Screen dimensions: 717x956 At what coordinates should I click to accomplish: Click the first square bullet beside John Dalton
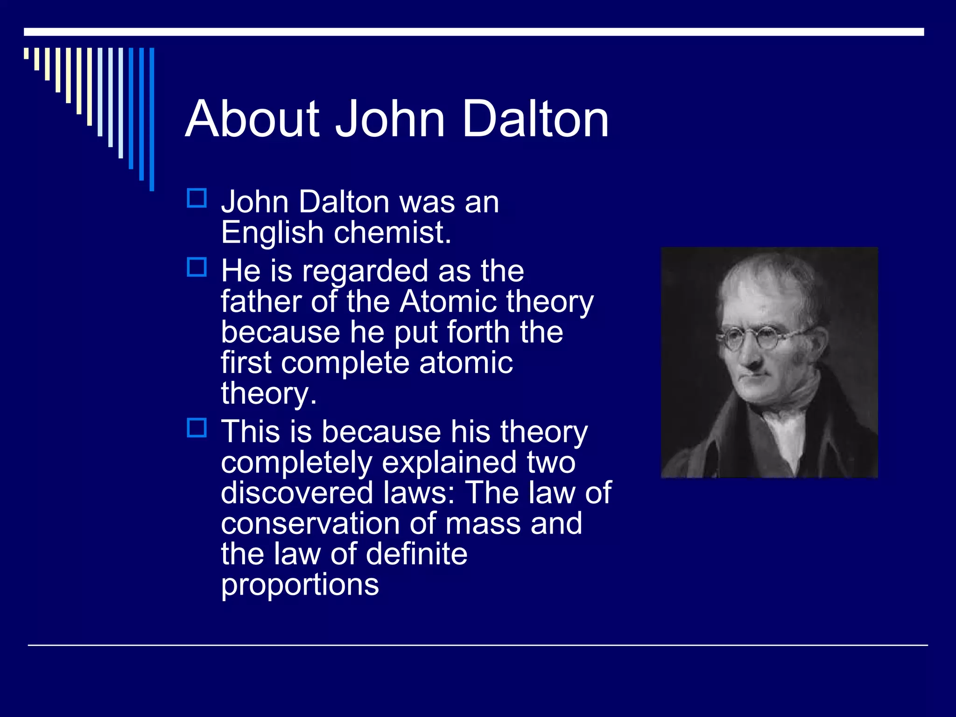[x=197, y=198]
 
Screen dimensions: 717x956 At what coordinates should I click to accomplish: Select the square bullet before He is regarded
[x=197, y=267]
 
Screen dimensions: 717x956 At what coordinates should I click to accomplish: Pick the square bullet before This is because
[x=197, y=428]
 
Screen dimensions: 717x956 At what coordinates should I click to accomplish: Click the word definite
[x=416, y=554]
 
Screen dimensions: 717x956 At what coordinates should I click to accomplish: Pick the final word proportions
[x=300, y=585]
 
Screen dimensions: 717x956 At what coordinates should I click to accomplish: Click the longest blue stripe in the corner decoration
[x=152, y=119]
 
